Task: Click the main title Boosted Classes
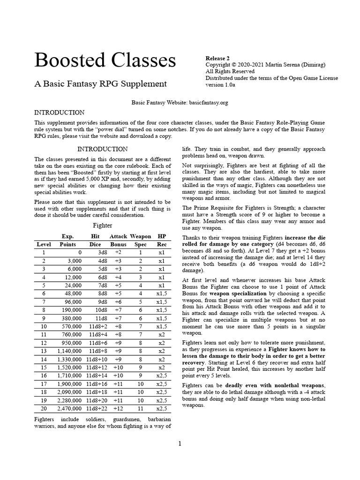coord(105,60)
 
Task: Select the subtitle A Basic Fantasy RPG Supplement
coord(100,84)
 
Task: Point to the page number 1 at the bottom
coord(180,444)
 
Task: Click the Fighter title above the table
coord(103,225)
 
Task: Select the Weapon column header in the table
coord(140,236)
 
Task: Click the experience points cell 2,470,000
coord(69,408)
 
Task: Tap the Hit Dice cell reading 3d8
coord(96,252)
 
